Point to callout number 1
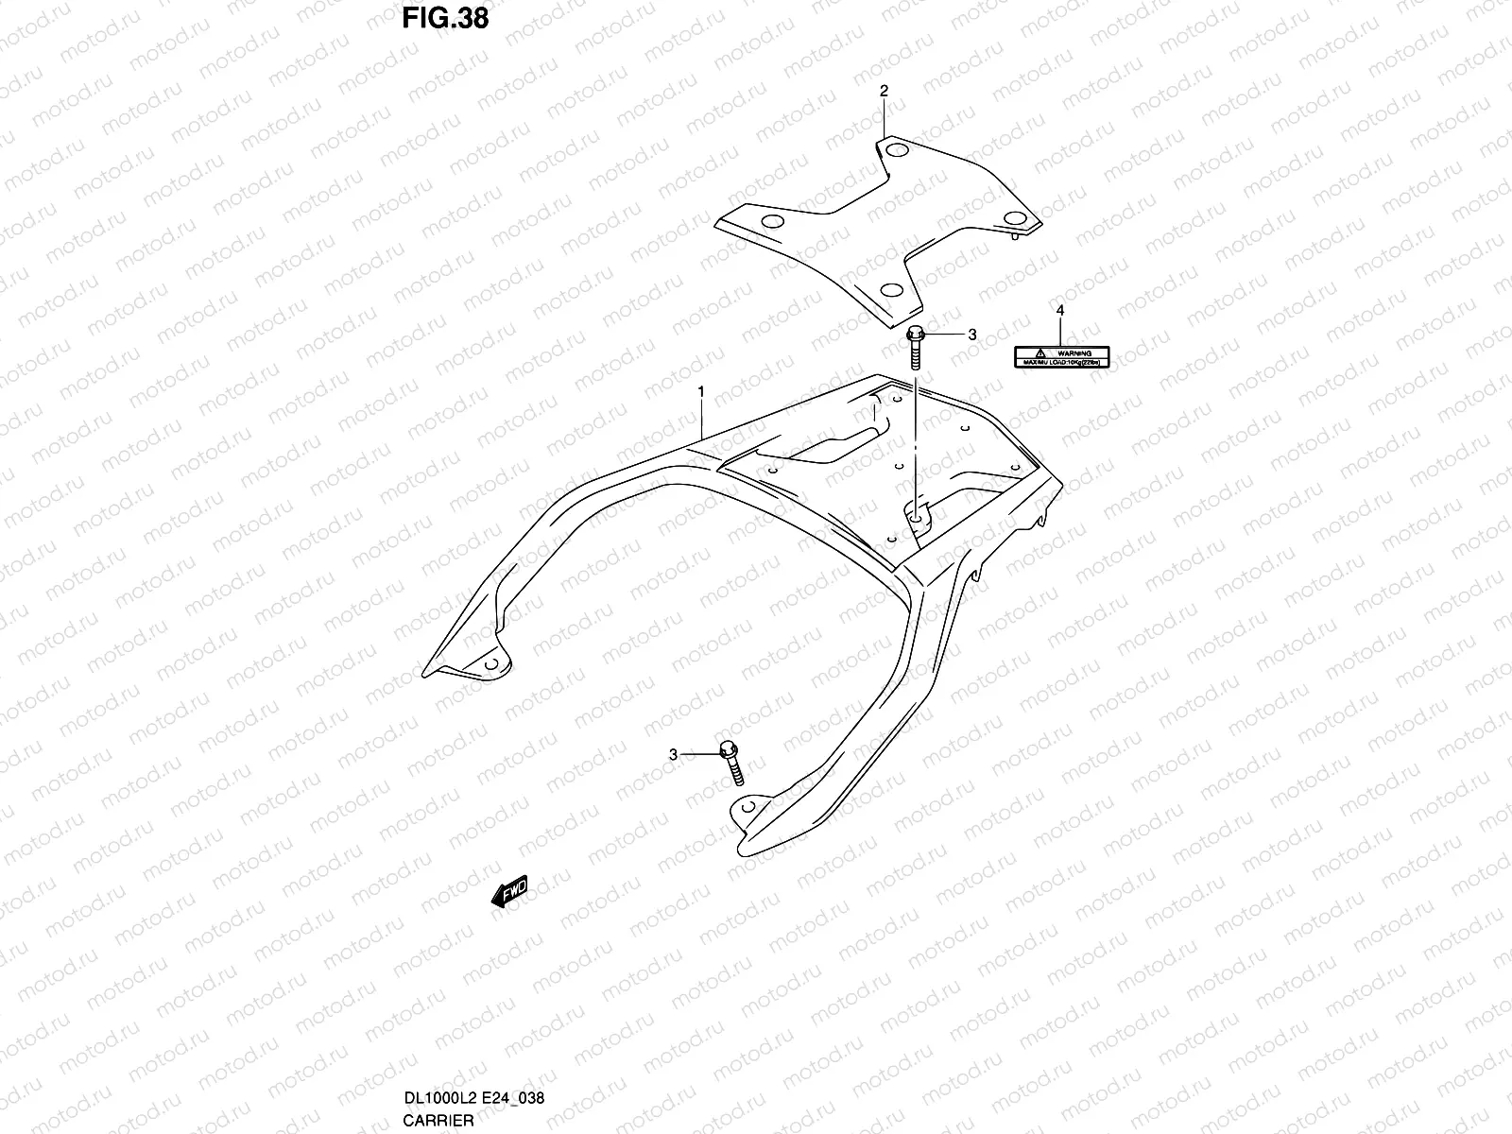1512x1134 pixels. (x=701, y=390)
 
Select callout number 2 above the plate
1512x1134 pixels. (x=885, y=91)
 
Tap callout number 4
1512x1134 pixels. (x=1059, y=310)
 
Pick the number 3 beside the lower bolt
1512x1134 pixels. (x=674, y=754)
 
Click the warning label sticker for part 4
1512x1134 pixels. (x=1061, y=356)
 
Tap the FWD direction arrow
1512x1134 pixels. (x=508, y=893)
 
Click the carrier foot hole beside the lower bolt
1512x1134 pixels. (x=747, y=809)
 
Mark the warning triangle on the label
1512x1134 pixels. (x=1038, y=352)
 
